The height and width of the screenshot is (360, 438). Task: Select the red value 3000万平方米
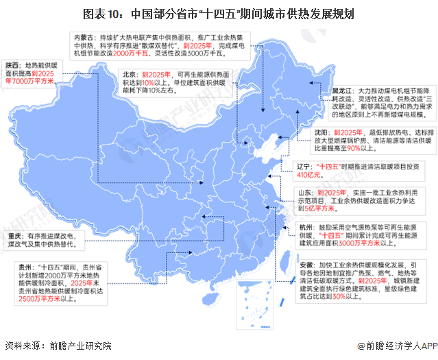pos(361,242)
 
